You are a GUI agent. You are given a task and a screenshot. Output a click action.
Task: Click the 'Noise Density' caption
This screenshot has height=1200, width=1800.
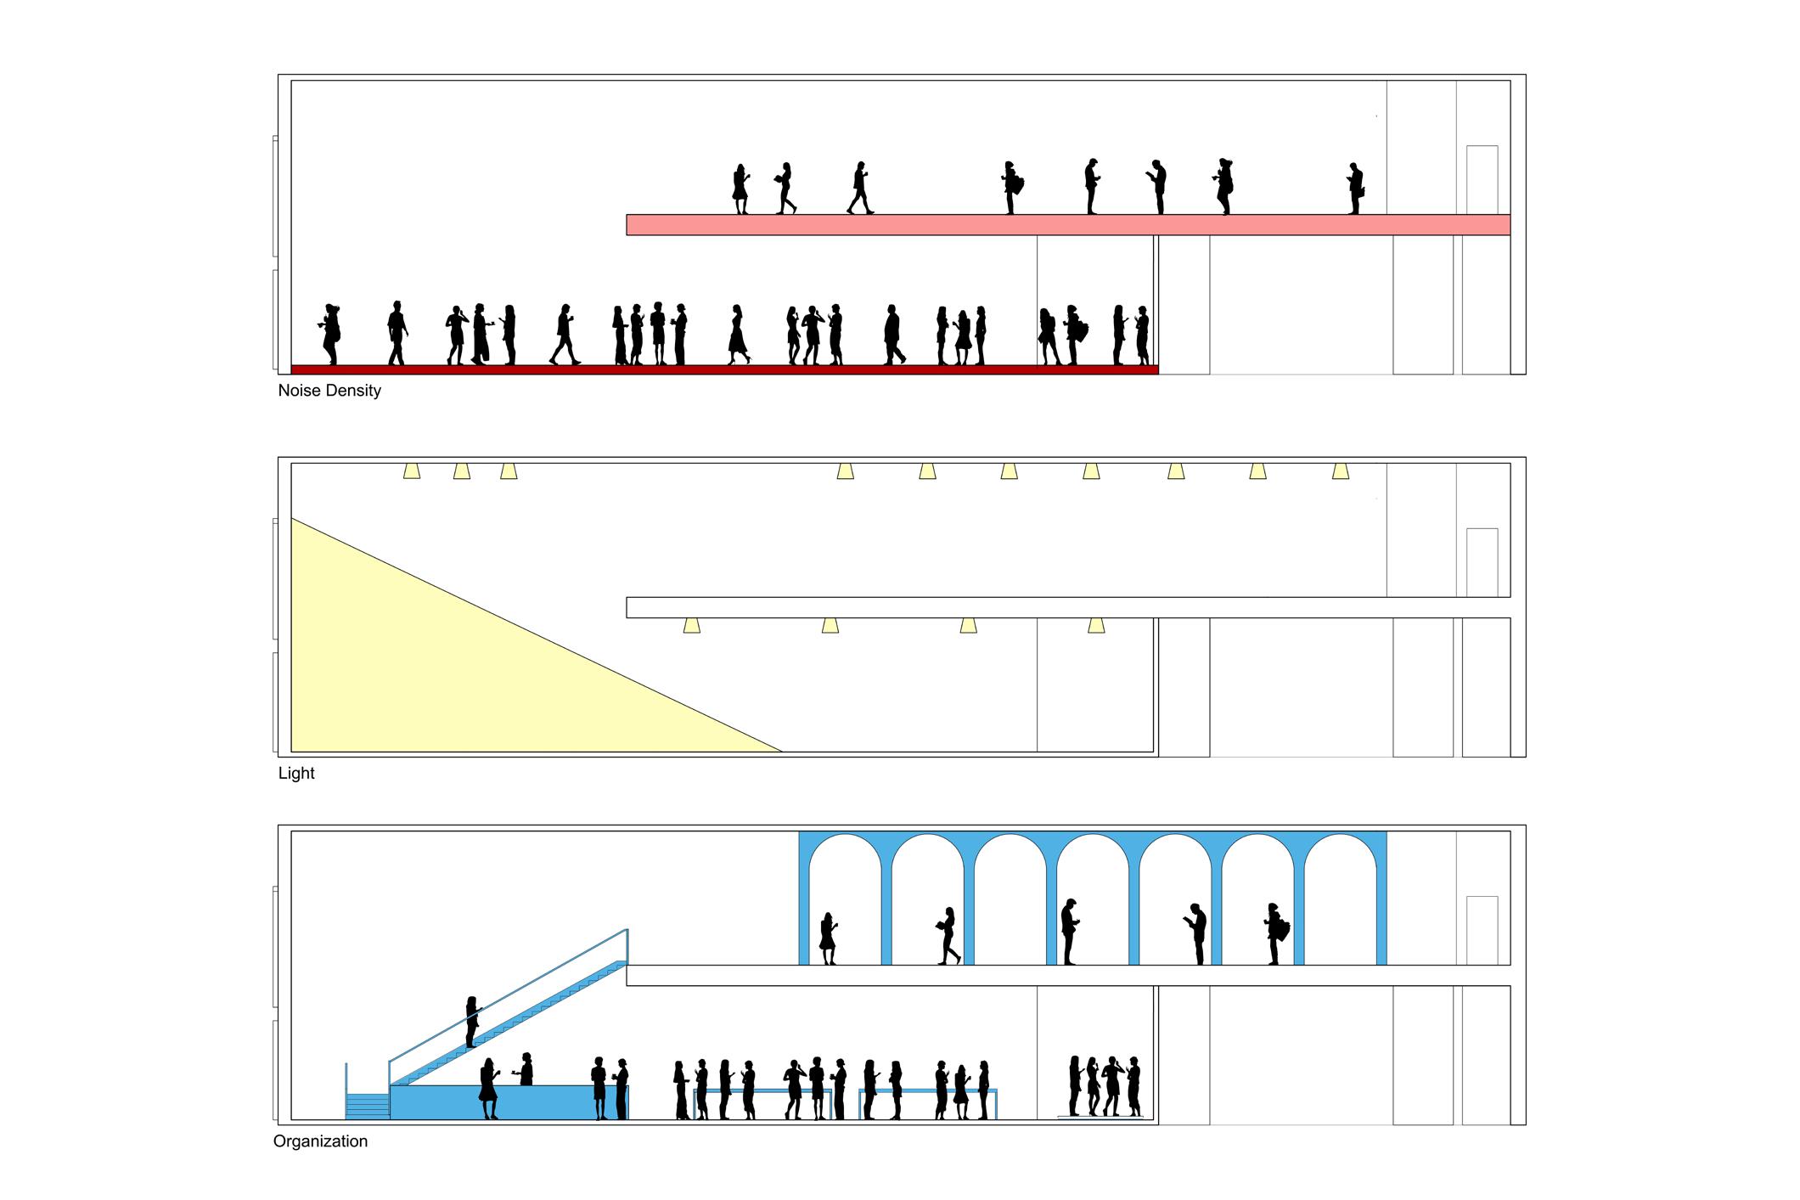(329, 391)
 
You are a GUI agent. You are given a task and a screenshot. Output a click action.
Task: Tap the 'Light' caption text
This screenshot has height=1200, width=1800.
(296, 774)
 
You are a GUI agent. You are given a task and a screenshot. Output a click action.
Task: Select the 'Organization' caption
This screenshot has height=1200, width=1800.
(320, 1141)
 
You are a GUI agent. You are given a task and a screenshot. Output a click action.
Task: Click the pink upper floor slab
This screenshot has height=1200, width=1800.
(1068, 225)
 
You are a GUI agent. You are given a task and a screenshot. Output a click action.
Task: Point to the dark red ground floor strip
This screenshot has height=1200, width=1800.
(724, 369)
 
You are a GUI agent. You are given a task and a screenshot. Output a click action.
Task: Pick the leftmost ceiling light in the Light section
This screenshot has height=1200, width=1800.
(412, 470)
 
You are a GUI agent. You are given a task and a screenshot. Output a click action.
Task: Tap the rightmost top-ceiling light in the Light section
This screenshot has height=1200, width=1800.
(1341, 470)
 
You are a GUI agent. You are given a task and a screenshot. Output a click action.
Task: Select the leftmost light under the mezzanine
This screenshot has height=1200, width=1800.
(692, 626)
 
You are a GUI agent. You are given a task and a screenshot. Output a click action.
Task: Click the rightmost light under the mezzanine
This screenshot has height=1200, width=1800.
(1096, 626)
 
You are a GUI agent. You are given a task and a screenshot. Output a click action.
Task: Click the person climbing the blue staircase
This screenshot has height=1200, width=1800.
(471, 1021)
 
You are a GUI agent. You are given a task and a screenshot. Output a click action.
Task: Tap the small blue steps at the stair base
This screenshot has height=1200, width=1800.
(368, 1106)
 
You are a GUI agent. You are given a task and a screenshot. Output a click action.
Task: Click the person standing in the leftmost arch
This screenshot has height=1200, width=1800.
(828, 938)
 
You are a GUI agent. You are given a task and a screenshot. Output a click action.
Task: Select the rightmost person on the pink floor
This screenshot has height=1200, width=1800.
(1355, 189)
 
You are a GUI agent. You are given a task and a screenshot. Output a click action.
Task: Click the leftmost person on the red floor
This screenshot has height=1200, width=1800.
(331, 334)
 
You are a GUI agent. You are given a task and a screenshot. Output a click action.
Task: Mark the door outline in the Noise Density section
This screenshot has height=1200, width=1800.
(1482, 179)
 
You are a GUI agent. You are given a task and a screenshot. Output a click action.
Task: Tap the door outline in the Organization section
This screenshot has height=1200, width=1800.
(1482, 929)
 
